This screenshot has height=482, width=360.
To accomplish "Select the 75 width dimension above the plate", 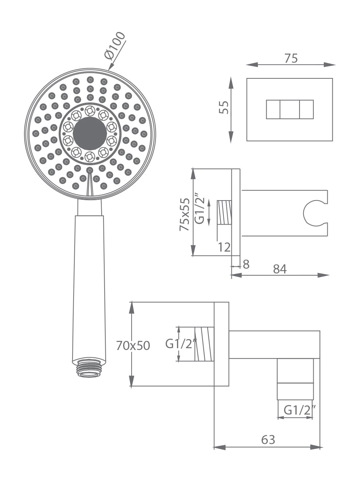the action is [291, 58].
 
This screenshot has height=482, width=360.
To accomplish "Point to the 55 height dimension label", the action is [224, 107].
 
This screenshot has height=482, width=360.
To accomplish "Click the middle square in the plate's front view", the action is [290, 109].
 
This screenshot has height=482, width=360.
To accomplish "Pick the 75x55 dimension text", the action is [184, 214].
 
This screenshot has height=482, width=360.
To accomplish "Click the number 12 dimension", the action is [224, 247].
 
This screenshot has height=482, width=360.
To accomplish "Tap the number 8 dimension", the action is [246, 264].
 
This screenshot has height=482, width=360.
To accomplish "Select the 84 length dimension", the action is [280, 269].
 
